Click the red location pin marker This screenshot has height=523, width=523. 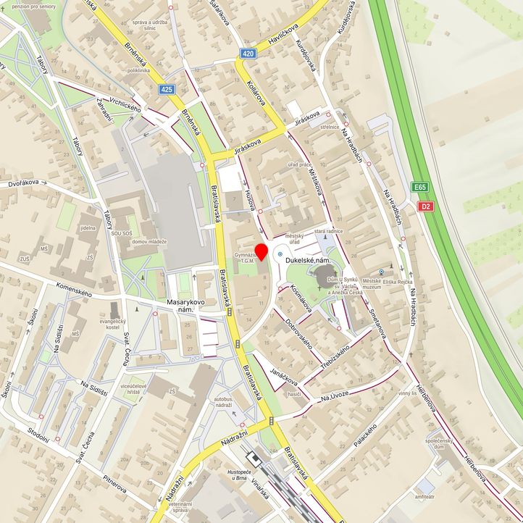point(261,251)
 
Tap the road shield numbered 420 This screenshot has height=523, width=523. point(248,54)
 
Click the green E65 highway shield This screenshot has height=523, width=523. point(421,188)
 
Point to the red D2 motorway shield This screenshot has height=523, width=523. point(427,206)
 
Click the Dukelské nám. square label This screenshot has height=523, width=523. point(313,259)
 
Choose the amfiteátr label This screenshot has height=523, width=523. point(424,498)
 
